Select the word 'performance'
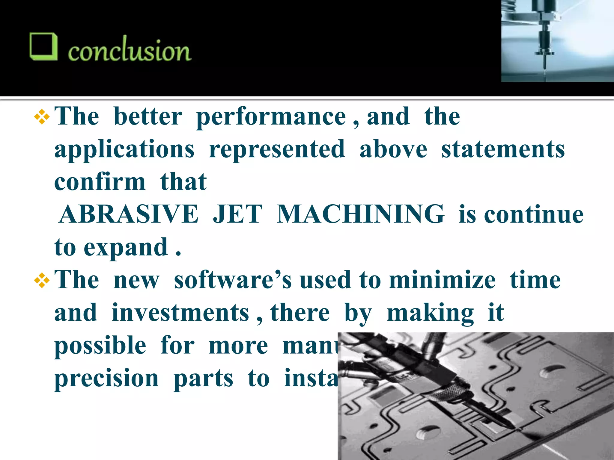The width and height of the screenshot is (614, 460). (271, 117)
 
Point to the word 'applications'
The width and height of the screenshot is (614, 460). (124, 150)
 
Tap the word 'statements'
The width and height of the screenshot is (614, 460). (503, 150)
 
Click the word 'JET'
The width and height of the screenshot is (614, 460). (237, 214)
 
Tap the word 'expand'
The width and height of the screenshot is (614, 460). (126, 248)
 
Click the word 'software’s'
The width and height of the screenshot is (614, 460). (233, 280)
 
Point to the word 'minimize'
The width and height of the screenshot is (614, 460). (442, 280)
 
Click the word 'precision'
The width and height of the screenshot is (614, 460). (106, 379)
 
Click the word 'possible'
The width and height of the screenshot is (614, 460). (100, 346)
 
